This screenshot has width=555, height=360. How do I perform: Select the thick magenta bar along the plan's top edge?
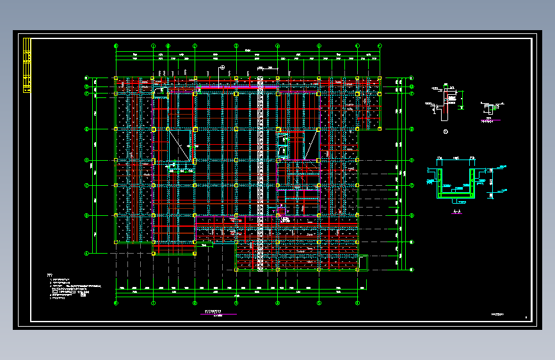(237, 86)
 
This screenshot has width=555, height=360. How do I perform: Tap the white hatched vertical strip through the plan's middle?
(261, 173)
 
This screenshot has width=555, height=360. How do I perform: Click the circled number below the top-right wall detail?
(446, 133)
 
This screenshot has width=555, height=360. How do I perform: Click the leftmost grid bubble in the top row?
(116, 46)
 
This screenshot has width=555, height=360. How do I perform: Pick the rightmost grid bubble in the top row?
(380, 46)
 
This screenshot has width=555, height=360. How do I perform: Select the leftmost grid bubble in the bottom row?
(116, 302)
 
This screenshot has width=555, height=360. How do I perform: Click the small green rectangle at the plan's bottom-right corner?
(364, 262)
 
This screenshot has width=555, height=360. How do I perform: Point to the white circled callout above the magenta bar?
(222, 68)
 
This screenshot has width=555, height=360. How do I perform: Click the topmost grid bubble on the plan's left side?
(86, 79)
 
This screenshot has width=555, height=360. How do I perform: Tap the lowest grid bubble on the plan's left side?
(86, 253)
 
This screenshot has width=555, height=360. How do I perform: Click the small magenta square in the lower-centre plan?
(278, 209)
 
